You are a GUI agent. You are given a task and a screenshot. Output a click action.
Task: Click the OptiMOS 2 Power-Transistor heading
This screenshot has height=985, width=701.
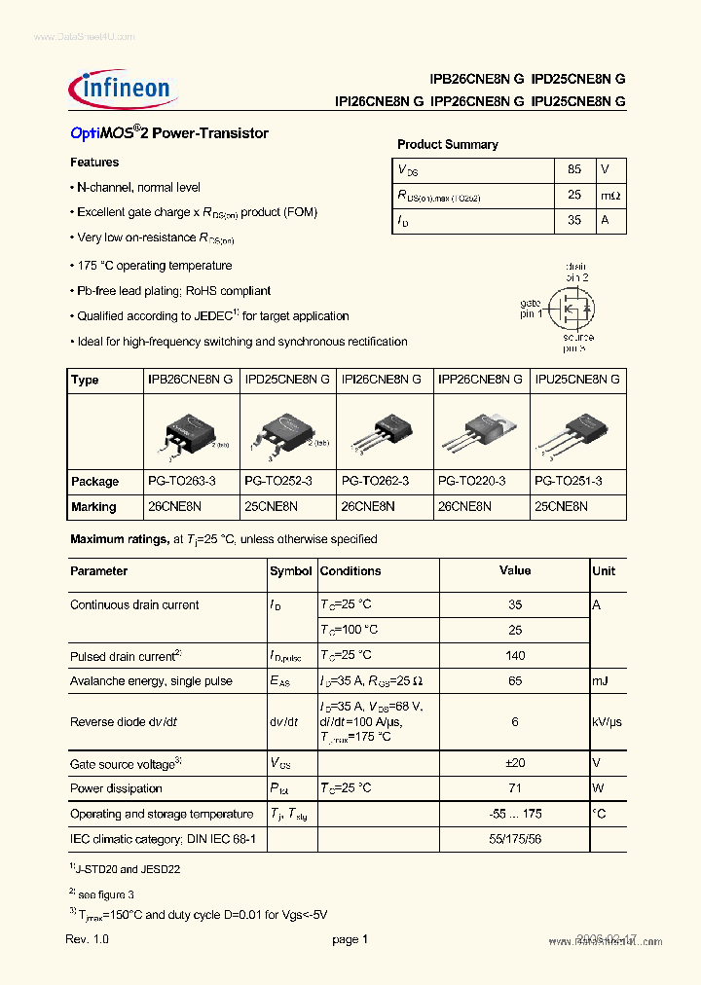pos(169,133)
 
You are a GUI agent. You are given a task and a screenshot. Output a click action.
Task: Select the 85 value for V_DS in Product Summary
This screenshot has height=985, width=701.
pos(573,169)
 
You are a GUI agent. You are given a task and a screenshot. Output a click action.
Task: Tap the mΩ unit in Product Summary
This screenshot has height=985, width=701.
pos(609,196)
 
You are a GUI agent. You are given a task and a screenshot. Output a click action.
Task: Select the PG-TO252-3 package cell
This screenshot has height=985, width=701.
pos(278,481)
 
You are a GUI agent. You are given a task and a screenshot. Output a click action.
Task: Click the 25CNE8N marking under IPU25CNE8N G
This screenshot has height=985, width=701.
pos(561,506)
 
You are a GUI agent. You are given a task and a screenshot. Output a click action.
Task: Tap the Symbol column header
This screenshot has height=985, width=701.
pos(290,571)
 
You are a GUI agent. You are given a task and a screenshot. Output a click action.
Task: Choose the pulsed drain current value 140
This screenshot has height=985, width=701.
pos(515,655)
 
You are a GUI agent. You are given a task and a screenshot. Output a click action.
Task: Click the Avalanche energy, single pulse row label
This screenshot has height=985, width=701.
pos(151,680)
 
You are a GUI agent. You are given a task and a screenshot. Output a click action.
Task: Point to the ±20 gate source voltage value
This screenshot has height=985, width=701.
pos(515,764)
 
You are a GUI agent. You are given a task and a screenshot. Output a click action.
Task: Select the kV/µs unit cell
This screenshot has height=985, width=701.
pos(608,722)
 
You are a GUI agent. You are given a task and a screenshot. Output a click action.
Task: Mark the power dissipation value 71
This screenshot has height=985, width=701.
pos(515,788)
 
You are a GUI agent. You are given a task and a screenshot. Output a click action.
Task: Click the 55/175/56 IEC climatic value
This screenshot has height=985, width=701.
pos(515,837)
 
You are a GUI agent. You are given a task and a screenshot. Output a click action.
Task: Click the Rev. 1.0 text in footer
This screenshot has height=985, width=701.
pos(88,939)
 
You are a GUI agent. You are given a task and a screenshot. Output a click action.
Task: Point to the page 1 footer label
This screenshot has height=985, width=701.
pos(350,939)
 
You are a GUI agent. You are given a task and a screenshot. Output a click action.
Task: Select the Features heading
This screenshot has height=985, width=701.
pos(94,162)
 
